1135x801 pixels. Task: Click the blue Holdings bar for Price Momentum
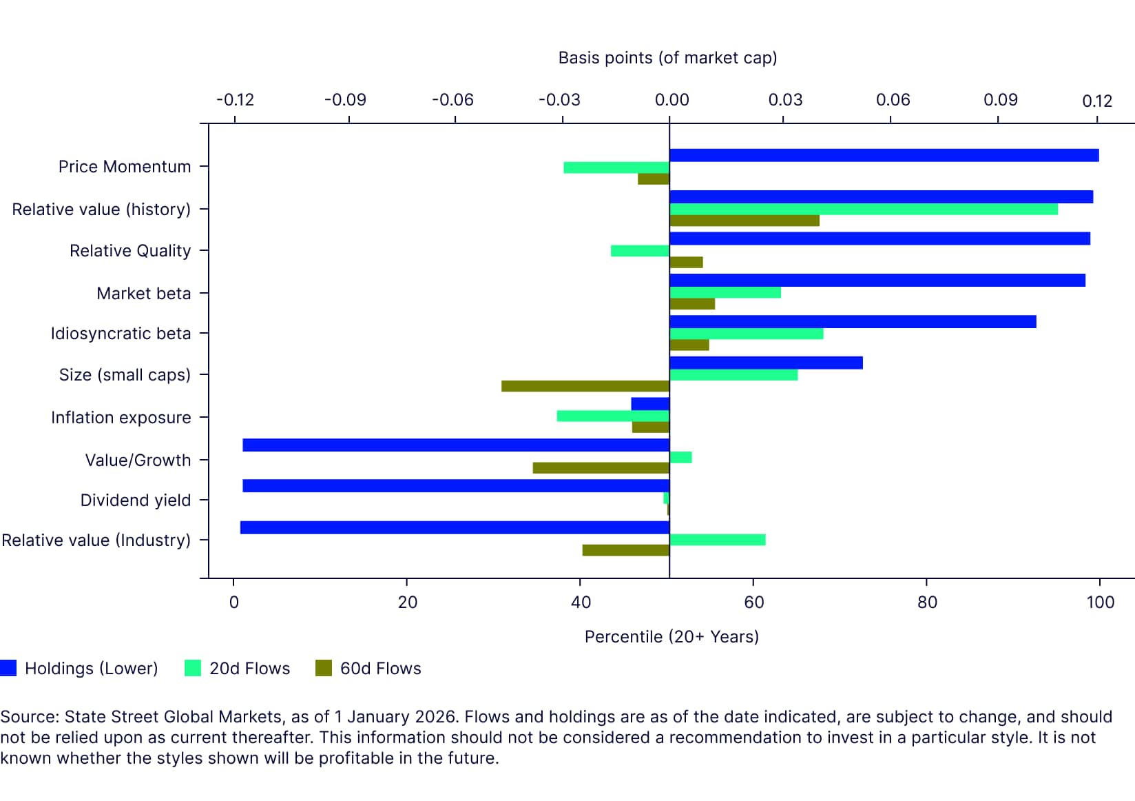coord(884,155)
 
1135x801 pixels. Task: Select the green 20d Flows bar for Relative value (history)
coord(863,209)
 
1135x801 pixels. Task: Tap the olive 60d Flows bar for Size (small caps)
coord(585,386)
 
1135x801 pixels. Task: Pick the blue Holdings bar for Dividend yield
coord(455,486)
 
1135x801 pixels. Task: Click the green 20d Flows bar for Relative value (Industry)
coord(717,540)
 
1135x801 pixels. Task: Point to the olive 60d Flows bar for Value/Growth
coord(601,468)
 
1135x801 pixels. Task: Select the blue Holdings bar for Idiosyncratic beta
coord(852,322)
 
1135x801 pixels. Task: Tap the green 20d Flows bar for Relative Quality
coord(640,251)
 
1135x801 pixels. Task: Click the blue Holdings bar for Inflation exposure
coord(650,404)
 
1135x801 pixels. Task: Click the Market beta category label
coord(143,294)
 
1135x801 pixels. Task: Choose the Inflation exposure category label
coord(121,418)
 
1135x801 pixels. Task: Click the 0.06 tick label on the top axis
coord(893,100)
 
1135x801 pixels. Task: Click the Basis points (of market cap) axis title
coord(667,58)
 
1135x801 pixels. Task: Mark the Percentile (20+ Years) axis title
coord(671,636)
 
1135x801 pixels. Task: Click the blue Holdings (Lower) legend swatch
coord(8,668)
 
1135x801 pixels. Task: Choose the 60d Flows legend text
coord(380,669)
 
